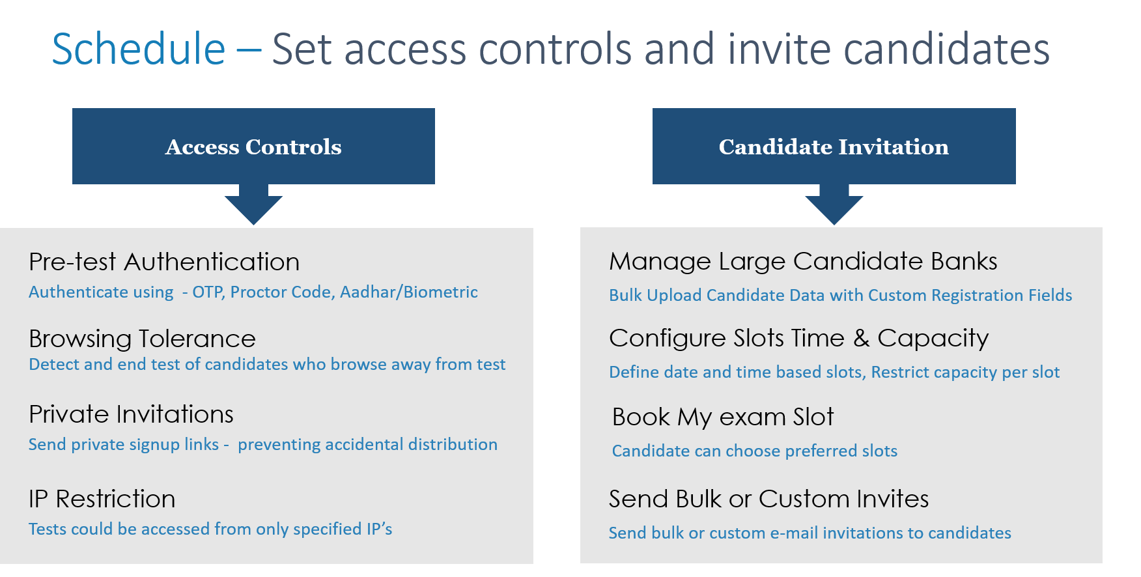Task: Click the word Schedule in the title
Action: [138, 49]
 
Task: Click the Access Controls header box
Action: [253, 147]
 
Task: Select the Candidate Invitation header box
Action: [834, 147]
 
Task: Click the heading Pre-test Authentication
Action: [164, 262]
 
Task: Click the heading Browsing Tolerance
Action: [142, 339]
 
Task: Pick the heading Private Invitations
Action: [131, 414]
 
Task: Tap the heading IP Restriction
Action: [102, 499]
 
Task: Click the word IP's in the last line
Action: [379, 529]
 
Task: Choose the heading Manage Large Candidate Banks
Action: [802, 261]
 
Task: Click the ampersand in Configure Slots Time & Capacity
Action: [861, 338]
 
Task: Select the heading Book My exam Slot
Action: [723, 417]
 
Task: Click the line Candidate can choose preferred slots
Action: [754, 451]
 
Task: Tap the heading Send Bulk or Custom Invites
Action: [768, 499]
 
